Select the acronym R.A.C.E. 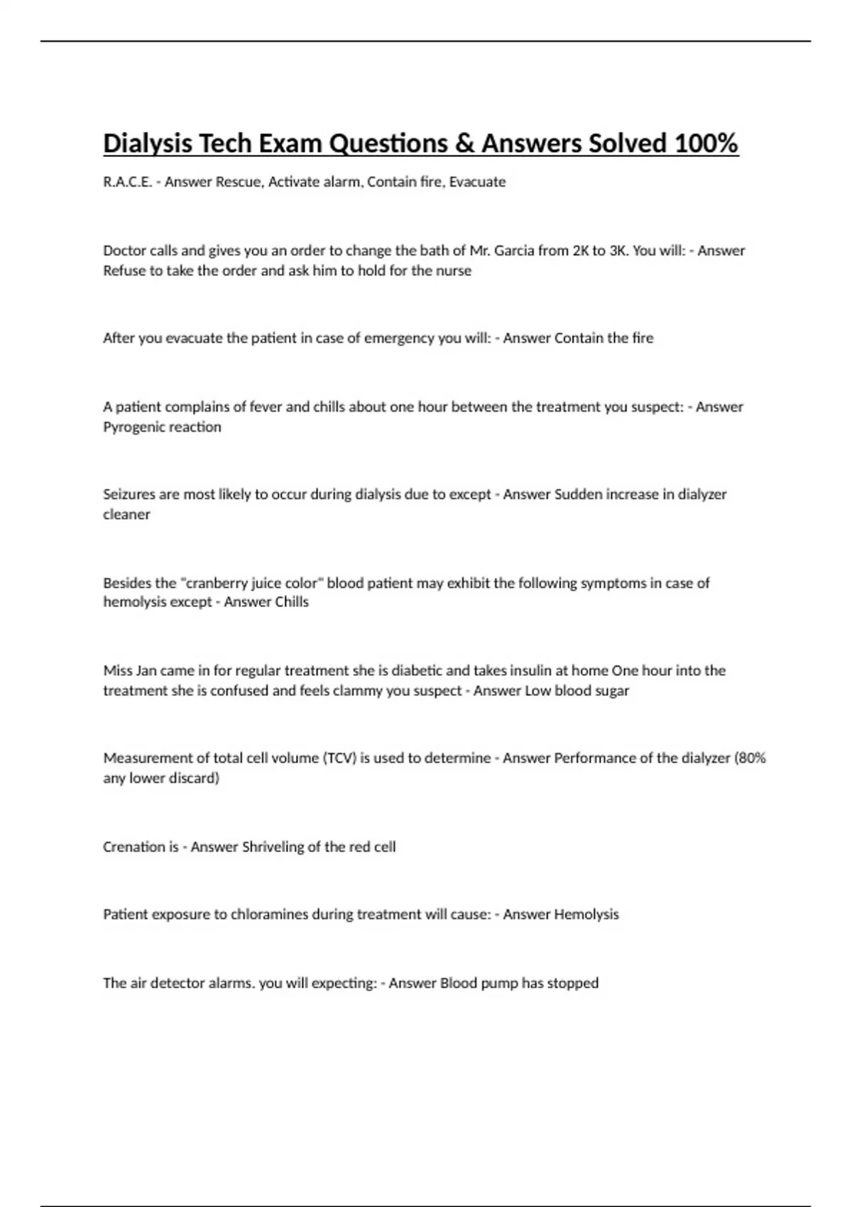pyautogui.click(x=127, y=182)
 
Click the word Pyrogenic pyautogui.click(x=132, y=427)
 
